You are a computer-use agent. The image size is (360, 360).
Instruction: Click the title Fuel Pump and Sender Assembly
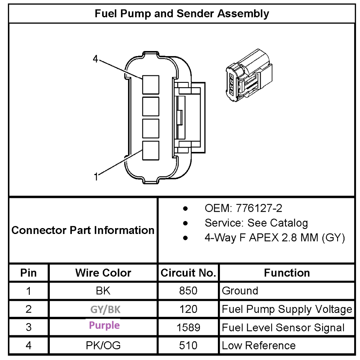point(182,14)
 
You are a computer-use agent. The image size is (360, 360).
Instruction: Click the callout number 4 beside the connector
point(95,59)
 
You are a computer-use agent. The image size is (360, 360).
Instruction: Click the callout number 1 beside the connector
point(96,177)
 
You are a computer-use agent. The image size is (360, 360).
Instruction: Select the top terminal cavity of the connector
point(151,85)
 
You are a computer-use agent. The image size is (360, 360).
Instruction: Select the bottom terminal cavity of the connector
point(151,151)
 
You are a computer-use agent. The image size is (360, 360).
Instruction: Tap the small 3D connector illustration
point(249,75)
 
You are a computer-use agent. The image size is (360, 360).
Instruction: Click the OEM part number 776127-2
point(259,208)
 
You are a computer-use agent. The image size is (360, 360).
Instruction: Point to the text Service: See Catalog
point(256,223)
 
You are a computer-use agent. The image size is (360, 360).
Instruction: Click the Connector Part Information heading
point(83,230)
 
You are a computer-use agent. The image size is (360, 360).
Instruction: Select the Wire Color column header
point(103,273)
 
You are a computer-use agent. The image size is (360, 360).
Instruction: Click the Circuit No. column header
point(188,273)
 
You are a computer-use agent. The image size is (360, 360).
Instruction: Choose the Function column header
point(287,273)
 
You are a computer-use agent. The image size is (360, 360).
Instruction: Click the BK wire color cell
point(103,291)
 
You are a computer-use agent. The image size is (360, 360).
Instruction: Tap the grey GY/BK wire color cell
point(105,309)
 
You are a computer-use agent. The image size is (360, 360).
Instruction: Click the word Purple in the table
point(104,325)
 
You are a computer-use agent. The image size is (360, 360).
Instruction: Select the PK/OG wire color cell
point(103,345)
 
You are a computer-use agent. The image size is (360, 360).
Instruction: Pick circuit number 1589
point(188,327)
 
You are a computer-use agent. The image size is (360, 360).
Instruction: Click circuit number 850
point(188,291)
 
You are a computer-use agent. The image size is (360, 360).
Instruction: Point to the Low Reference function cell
point(259,345)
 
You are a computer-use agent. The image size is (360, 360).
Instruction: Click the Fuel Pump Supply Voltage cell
point(287,309)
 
